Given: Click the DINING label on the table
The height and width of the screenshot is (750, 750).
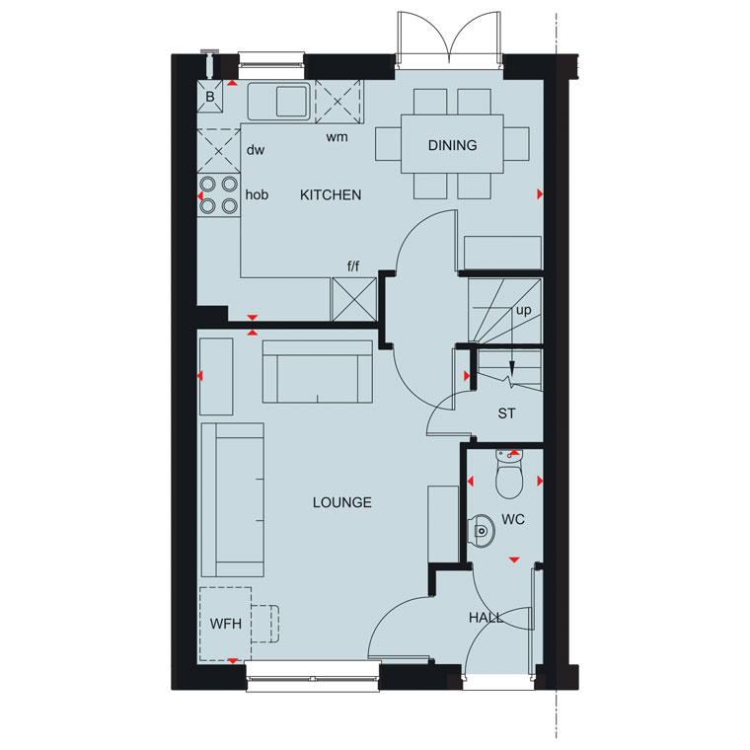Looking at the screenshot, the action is pos(452,145).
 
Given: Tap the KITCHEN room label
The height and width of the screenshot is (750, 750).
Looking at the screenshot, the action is pos(331,194).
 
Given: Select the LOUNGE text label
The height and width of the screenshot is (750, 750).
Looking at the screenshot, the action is pos(342,502).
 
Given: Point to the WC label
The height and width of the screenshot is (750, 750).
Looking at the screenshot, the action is pos(513,519).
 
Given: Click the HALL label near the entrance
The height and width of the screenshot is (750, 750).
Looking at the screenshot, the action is pos(486,618).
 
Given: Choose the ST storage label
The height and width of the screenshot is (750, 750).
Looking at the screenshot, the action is pos(506,413).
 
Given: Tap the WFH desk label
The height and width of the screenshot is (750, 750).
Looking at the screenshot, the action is pos(225,624).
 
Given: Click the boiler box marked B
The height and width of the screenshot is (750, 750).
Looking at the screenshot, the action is pos(210,97).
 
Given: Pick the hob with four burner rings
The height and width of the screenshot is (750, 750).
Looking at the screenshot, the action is pos(219,195).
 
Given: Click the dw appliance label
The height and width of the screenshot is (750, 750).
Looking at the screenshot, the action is pos(256,150).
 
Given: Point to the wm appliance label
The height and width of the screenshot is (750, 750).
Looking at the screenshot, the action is pos(337,137).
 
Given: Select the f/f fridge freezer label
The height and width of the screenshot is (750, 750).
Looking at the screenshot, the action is pos(353,265).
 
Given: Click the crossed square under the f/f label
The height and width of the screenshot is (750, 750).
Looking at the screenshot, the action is pos(354,299).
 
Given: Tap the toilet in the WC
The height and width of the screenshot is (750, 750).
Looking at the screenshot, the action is pos(509,475).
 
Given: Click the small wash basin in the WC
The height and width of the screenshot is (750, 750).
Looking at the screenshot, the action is pos(481,531).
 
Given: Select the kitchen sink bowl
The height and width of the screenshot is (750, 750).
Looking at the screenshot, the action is pos(291,101).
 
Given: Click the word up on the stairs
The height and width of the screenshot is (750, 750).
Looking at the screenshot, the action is pos(524,310).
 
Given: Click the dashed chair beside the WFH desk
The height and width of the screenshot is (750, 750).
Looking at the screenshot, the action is pos(265,624).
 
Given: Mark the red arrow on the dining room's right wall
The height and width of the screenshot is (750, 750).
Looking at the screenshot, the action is pos(540,193).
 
